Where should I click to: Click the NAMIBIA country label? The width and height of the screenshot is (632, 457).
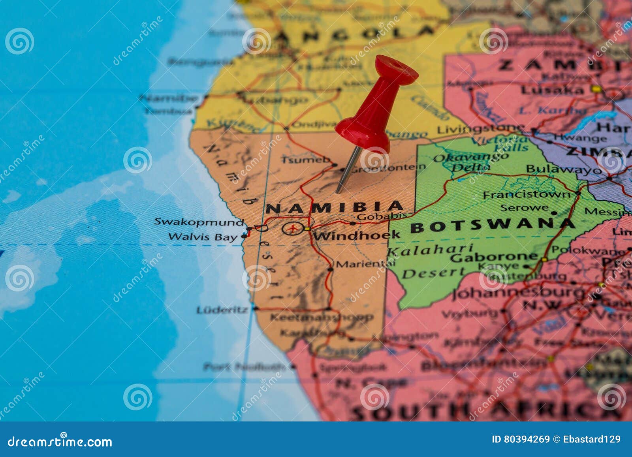(x=334, y=207)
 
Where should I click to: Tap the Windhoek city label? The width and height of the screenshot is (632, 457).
(x=356, y=236)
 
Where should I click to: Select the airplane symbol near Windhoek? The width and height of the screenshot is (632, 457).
(x=292, y=228)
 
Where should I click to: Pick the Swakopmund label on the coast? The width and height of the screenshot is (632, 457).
(x=199, y=222)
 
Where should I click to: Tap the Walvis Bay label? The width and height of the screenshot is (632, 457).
(x=203, y=237)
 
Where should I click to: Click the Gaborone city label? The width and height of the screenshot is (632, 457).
(x=494, y=257)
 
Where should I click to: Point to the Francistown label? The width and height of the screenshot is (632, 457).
(x=527, y=195)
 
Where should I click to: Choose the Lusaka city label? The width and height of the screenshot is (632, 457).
(x=552, y=90)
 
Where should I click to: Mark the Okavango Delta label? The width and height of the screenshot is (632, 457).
(x=470, y=162)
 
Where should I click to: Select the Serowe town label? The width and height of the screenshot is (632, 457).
(x=524, y=208)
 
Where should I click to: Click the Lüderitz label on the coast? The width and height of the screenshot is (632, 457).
(x=222, y=310)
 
